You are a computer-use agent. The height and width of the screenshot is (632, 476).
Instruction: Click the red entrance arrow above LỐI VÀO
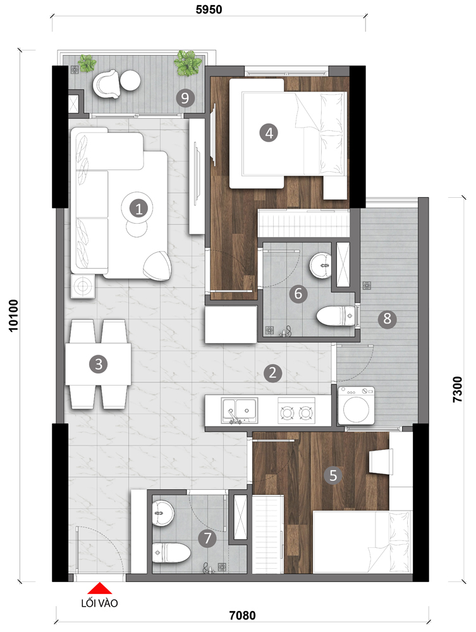pyautogui.click(x=99, y=588)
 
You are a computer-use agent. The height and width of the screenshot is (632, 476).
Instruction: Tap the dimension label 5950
pyautogui.click(x=209, y=9)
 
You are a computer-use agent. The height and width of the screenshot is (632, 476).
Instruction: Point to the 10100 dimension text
pyautogui.click(x=14, y=315)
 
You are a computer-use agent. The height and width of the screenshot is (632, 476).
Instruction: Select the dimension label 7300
pyautogui.click(x=458, y=389)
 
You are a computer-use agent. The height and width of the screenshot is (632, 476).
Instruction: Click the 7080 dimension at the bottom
pyautogui.click(x=242, y=616)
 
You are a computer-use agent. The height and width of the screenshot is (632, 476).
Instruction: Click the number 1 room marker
pyautogui.click(x=138, y=209)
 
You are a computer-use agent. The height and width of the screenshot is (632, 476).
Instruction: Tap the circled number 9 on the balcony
pyautogui.click(x=185, y=98)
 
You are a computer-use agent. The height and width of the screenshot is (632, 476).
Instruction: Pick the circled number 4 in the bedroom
pyautogui.click(x=269, y=133)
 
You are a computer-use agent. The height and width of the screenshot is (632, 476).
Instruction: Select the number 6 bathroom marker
pyautogui.click(x=298, y=293)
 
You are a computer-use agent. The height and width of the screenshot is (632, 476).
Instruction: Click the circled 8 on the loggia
pyautogui.click(x=388, y=319)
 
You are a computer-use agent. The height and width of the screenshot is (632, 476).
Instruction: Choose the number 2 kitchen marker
pyautogui.click(x=273, y=374)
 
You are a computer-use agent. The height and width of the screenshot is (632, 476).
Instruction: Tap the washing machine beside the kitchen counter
pyautogui.click(x=356, y=406)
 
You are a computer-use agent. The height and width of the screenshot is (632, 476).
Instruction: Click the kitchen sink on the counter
pyautogui.click(x=240, y=410)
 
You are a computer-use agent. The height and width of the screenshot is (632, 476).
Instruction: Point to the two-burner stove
pyautogui.click(x=296, y=410)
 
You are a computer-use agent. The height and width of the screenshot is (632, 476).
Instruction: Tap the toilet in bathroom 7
pyautogui.click(x=171, y=552)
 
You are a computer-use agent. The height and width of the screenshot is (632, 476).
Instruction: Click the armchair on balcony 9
pyautogui.click(x=106, y=84)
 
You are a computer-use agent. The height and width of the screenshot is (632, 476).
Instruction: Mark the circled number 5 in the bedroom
pyautogui.click(x=333, y=475)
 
